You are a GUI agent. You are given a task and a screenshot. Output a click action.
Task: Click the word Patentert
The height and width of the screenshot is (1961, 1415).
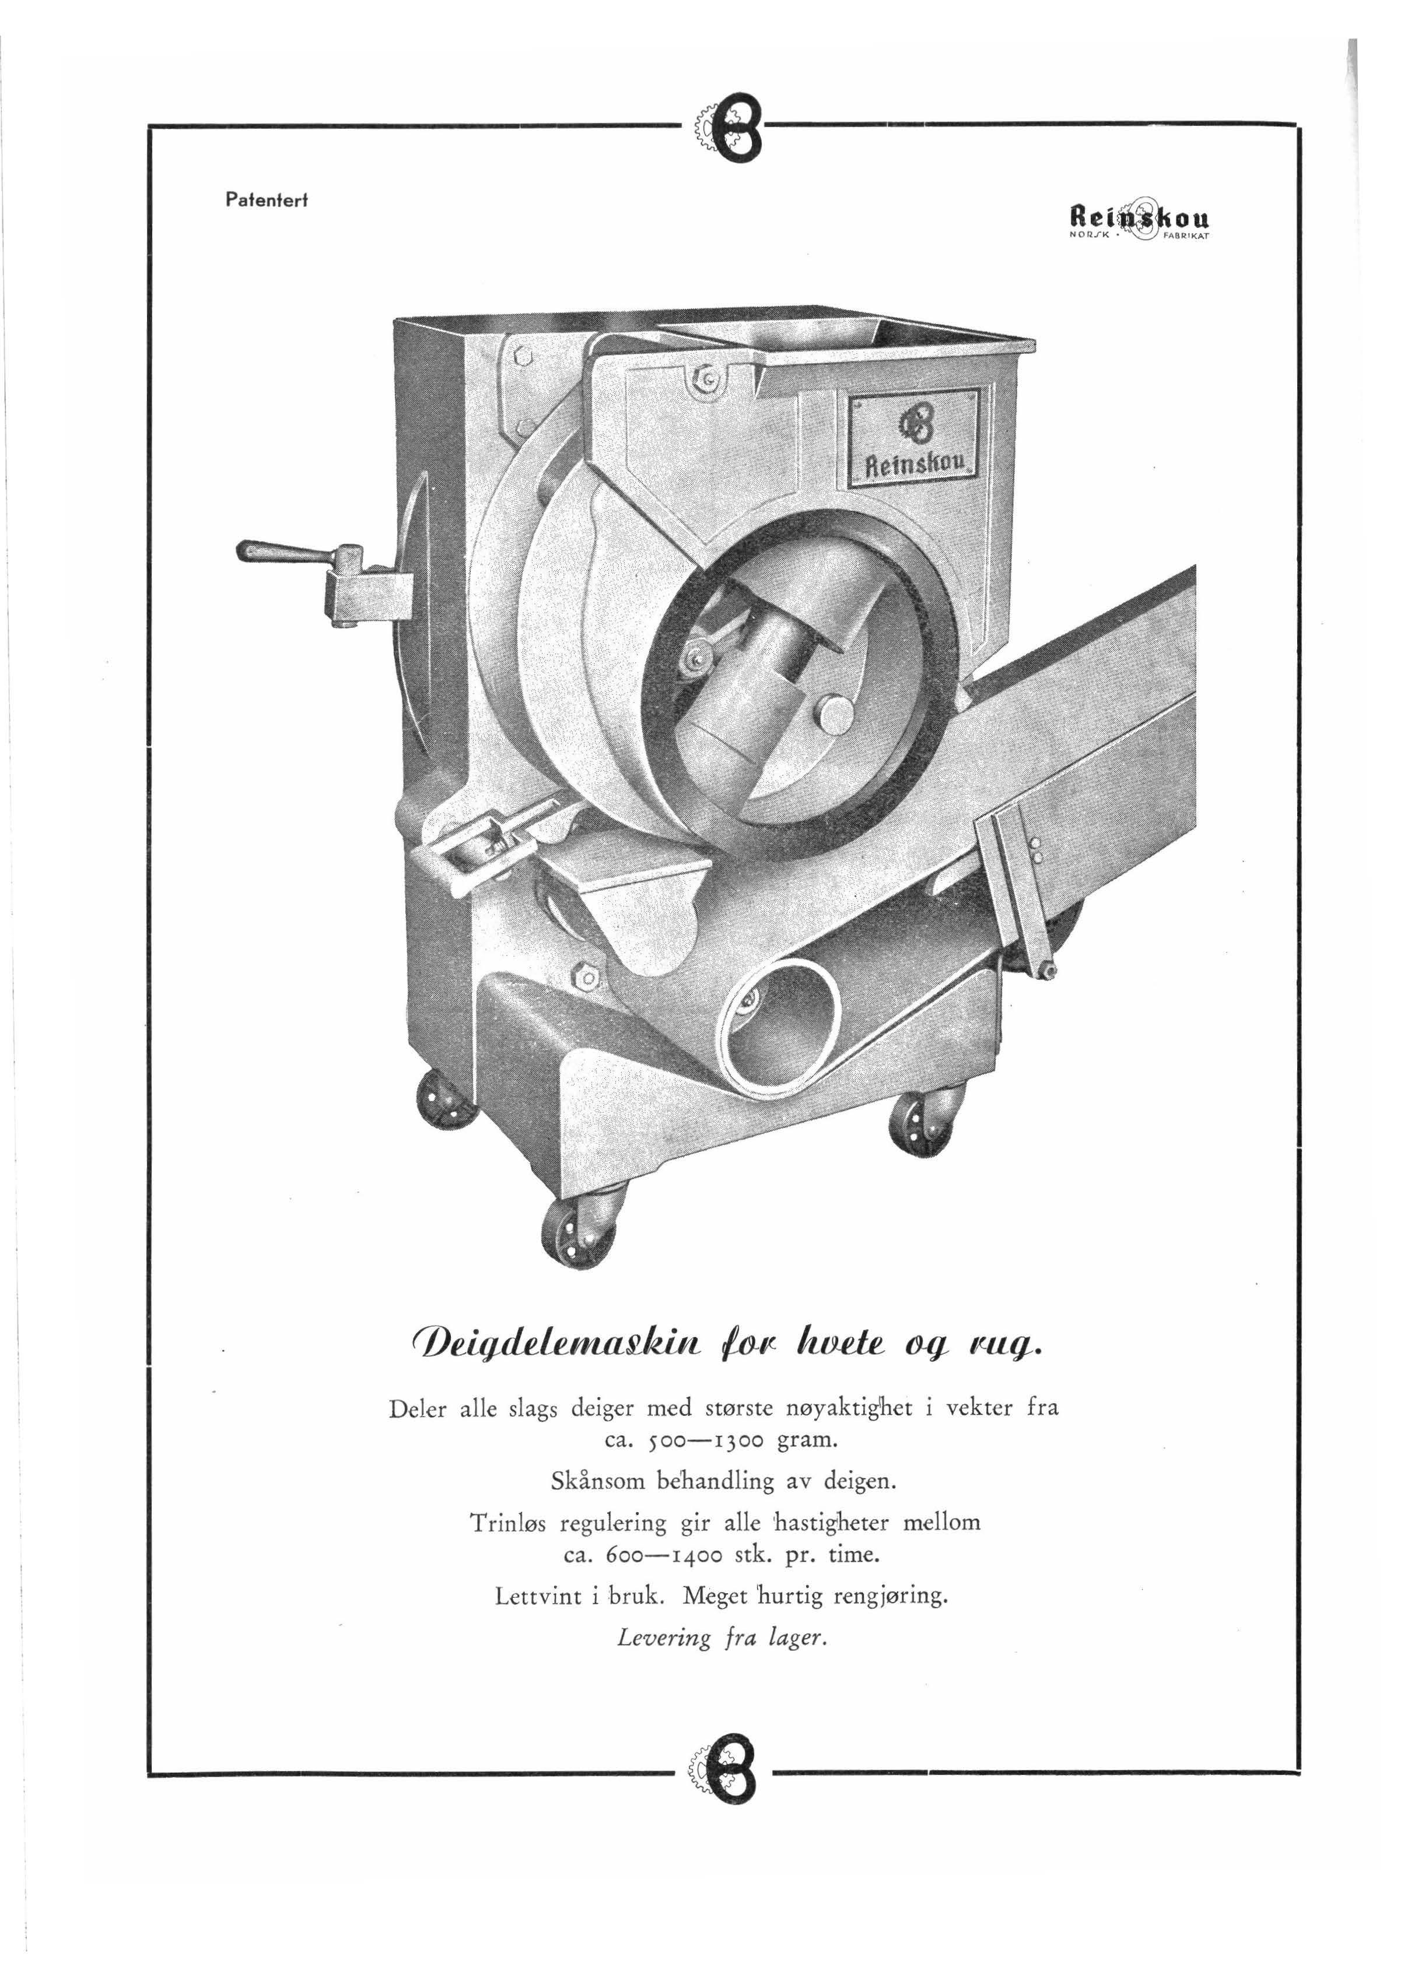(x=267, y=200)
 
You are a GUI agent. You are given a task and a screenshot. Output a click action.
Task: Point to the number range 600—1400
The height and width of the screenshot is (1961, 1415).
(x=645, y=1555)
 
